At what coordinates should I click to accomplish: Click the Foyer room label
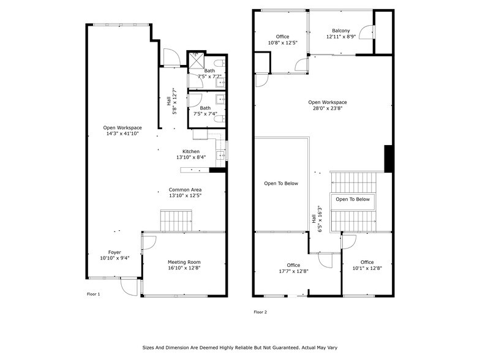click(114, 252)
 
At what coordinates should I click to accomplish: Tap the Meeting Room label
click(184, 262)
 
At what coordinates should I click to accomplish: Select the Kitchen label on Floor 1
click(190, 151)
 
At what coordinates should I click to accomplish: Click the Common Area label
click(185, 190)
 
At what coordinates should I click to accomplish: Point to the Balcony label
click(341, 31)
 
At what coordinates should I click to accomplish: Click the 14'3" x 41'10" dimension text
click(122, 133)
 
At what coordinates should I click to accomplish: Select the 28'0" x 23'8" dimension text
click(327, 108)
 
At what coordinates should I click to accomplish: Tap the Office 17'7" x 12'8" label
click(293, 265)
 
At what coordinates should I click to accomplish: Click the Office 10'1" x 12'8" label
click(367, 262)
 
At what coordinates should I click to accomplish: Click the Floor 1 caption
click(93, 294)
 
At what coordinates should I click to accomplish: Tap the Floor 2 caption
click(260, 312)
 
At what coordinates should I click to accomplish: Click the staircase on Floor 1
click(176, 220)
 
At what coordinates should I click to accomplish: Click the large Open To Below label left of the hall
click(281, 183)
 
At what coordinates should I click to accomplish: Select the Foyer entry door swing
click(129, 286)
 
